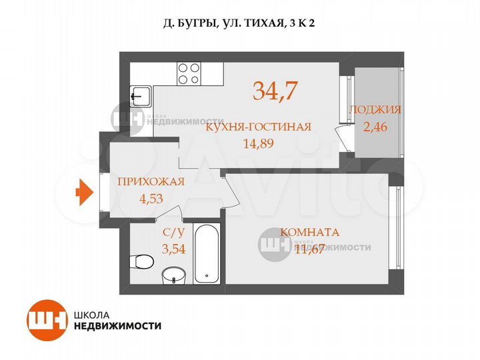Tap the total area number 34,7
click(275, 90)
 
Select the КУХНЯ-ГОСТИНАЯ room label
click(258, 127)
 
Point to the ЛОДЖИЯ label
click(375, 110)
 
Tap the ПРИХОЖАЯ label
click(150, 182)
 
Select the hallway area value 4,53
click(150, 197)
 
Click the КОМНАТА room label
click(310, 233)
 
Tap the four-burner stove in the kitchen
click(189, 73)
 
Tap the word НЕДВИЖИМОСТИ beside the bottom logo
click(118, 326)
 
